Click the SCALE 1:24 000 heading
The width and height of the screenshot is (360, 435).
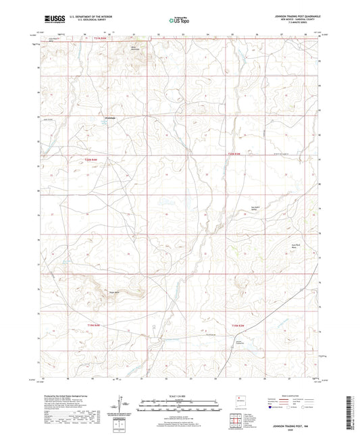(180, 396)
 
